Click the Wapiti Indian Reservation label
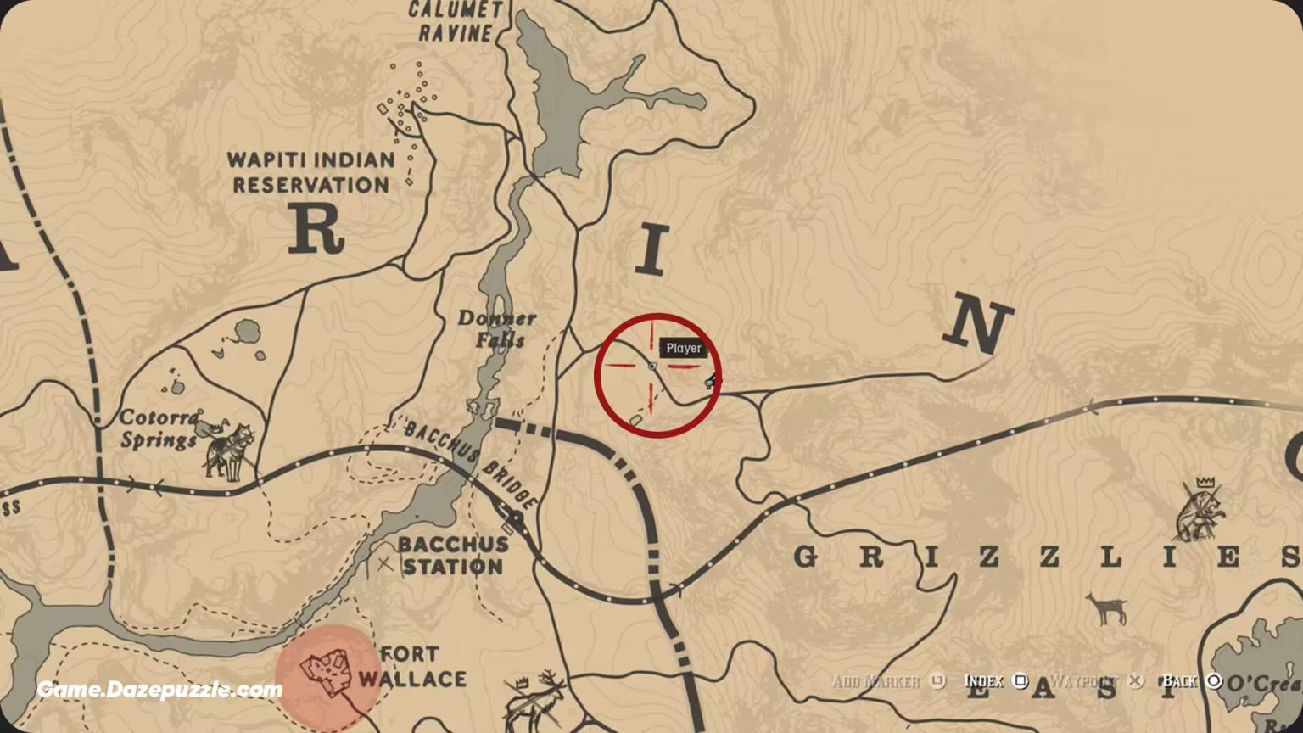312,172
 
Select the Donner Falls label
497,329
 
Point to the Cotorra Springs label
159,428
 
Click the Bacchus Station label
453,555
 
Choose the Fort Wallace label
412,667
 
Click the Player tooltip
683,348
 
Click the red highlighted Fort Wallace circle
327,674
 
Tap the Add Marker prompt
887,681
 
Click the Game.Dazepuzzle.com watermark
159,690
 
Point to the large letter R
316,229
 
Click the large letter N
979,327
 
